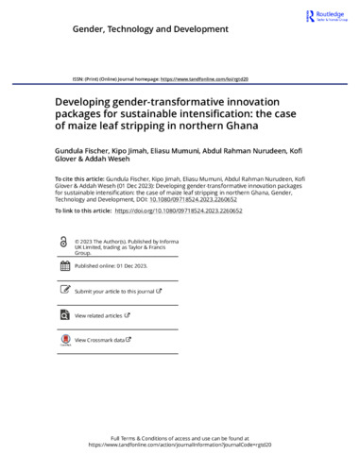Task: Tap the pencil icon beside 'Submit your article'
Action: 63,292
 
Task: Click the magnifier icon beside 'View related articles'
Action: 63,315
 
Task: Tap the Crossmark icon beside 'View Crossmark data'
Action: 63,339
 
